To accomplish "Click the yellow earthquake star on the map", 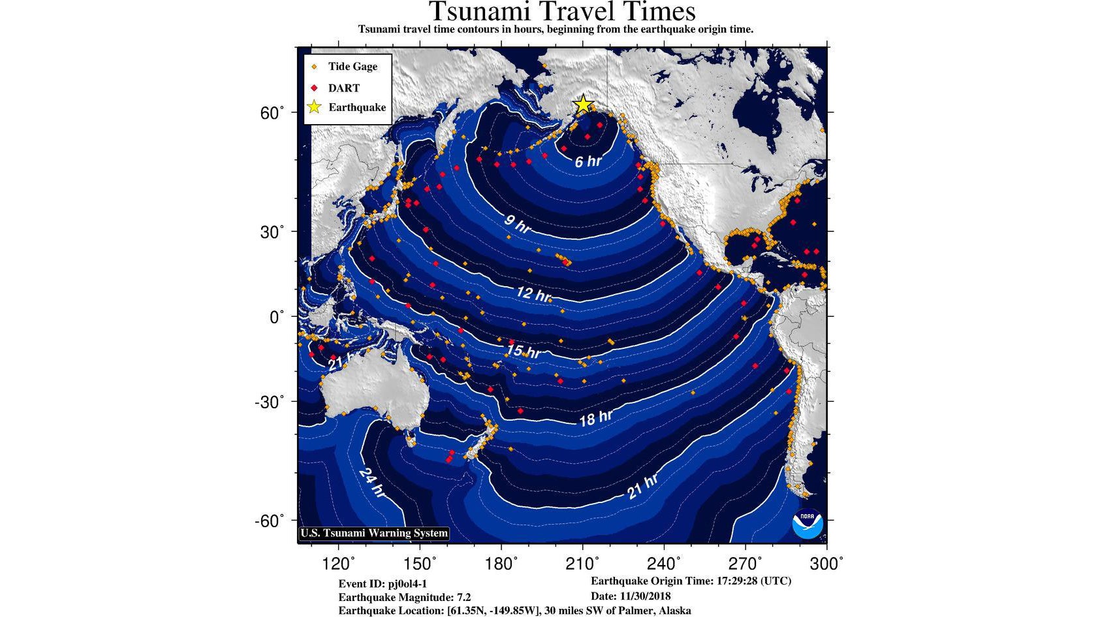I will [x=582, y=104].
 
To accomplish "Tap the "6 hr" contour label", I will [x=588, y=161].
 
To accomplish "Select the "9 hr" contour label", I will [x=518, y=224].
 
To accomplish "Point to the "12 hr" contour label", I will [x=533, y=294].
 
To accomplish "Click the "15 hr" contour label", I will [x=523, y=351].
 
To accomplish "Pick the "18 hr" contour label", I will [x=596, y=418].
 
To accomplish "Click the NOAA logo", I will [x=808, y=523].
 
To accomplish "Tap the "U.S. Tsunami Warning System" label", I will [x=374, y=533].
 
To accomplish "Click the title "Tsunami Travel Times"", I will [x=562, y=12].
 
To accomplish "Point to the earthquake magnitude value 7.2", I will [x=463, y=597].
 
